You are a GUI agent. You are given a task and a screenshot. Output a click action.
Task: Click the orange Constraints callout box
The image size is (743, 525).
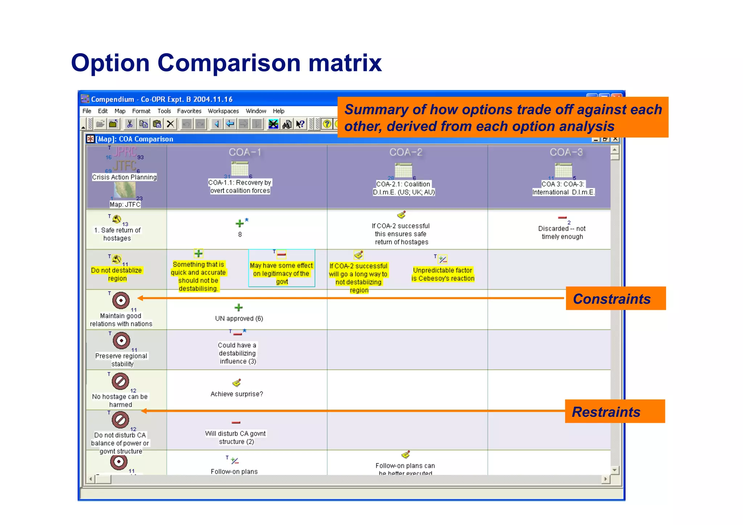[x=615, y=298]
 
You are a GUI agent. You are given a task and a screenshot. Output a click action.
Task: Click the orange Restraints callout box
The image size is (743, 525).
[x=615, y=411]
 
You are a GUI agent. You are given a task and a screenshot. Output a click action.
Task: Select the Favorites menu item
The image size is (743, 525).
[x=189, y=111]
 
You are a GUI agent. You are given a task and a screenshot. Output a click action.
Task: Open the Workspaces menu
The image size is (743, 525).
[x=223, y=111]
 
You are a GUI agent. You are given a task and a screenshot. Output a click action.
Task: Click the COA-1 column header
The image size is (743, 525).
[x=245, y=152]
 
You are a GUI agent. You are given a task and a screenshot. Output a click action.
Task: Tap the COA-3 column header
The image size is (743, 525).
[x=566, y=152]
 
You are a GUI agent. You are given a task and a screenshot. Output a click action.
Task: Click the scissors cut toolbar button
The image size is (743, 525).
[x=130, y=124]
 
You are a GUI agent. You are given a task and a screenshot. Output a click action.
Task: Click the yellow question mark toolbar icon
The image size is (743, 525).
[x=327, y=124]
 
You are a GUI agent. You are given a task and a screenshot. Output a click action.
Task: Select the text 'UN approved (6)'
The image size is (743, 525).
[x=239, y=319]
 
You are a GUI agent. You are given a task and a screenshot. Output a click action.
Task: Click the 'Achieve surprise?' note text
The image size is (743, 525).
[x=237, y=394]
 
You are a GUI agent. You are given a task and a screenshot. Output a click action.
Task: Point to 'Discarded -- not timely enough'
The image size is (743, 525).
[x=562, y=233]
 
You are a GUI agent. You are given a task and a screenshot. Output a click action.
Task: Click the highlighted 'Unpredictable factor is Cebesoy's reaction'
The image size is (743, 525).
[x=443, y=274]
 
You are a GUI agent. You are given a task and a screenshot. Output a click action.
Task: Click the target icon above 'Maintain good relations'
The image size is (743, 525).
[x=121, y=300]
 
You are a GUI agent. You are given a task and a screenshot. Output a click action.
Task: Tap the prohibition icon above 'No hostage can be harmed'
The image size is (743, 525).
[x=120, y=381]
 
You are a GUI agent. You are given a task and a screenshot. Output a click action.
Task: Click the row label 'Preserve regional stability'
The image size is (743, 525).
[x=121, y=360]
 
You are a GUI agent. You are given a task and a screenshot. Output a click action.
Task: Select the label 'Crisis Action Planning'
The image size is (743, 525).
[x=124, y=177]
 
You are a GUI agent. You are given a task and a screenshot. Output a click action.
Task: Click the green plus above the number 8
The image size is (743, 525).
[x=239, y=223]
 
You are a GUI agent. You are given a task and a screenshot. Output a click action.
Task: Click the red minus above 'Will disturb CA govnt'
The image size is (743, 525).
[x=236, y=422]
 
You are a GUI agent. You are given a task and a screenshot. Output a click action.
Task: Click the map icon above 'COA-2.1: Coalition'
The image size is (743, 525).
[x=403, y=170]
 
